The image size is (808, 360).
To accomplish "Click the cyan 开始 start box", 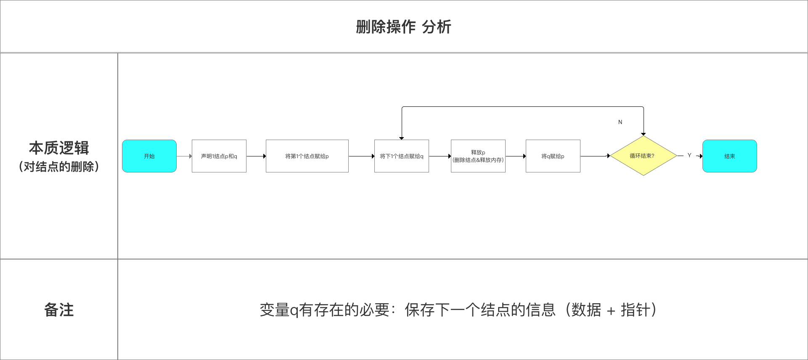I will coord(149,156).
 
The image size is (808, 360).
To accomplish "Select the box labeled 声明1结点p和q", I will coord(219,156).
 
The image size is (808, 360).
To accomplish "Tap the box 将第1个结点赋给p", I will coord(307,156).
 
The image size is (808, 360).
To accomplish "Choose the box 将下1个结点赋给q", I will coord(402,156).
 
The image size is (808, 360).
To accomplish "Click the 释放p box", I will coord(478,156).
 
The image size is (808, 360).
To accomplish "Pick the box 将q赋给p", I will coord(553,156).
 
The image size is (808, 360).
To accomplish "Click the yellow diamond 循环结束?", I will coord(643,156).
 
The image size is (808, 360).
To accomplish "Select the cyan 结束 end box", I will coord(730,156).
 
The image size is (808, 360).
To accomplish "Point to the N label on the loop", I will coord(620,122).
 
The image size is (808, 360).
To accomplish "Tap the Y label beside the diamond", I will coord(689,155).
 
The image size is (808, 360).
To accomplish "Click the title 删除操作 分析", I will coord(404,27).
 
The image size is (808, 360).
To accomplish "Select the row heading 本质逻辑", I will coord(59,148).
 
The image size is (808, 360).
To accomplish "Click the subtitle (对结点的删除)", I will coord(59,167).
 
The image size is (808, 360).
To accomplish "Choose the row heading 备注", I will coord(59,310).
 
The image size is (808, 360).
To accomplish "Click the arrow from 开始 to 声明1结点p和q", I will coord(184,156).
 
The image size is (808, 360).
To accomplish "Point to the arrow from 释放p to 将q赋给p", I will coord(516,156).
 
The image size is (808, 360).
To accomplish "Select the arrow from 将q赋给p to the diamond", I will coord(595,156).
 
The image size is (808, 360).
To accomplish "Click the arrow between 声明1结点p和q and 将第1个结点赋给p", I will coord(256,156).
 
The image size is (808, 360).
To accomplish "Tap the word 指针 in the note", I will coord(636,310).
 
